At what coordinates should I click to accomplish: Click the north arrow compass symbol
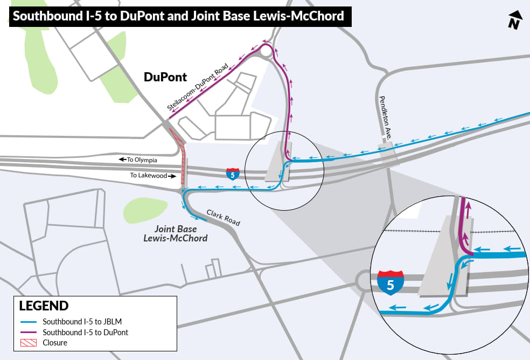[515, 20]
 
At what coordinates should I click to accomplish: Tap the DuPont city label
[165, 77]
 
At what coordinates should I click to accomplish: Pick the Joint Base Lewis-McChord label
[180, 233]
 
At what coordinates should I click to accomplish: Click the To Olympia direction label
[139, 160]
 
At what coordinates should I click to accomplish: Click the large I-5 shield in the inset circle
[390, 282]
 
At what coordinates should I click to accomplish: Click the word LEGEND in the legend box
[44, 306]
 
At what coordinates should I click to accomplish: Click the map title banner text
[178, 16]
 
